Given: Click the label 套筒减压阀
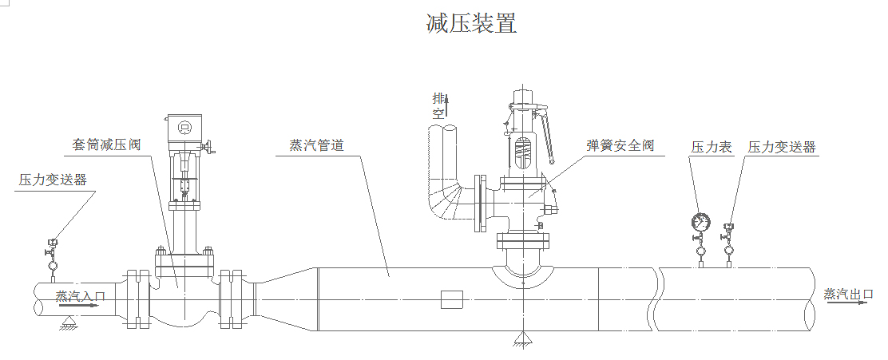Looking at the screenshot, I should [x=105, y=144].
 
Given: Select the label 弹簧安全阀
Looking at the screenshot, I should [x=620, y=145].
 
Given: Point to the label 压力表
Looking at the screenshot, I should [x=712, y=148].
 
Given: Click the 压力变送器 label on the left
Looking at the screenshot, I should [x=53, y=180].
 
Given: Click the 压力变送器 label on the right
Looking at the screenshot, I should [x=782, y=148].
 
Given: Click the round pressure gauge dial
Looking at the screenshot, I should [x=701, y=220].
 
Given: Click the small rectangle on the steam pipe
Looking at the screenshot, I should [x=451, y=299].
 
